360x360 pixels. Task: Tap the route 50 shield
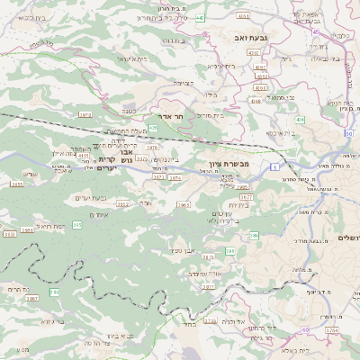pos(348,132)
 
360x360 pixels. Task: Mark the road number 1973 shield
pos(85,115)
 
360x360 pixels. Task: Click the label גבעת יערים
pos(89,197)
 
